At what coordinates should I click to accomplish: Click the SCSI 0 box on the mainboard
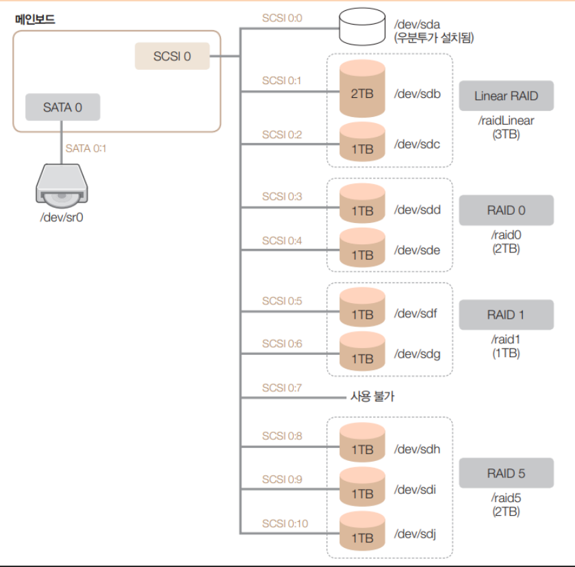(x=172, y=56)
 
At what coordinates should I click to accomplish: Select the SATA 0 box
(x=62, y=107)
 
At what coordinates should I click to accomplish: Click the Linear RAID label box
(x=506, y=96)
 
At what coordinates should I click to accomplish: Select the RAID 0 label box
(x=506, y=210)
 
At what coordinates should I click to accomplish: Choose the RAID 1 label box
(x=506, y=315)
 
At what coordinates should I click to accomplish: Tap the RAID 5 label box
(x=506, y=473)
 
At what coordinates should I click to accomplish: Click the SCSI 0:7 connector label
(x=281, y=388)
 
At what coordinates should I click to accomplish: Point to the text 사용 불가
(x=372, y=396)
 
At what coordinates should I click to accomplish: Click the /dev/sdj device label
(x=416, y=533)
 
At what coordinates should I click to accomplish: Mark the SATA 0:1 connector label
(x=86, y=148)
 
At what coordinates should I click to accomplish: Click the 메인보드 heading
(x=35, y=20)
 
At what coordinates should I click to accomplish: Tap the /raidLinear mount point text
(x=506, y=120)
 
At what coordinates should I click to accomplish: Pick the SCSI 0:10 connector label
(x=284, y=524)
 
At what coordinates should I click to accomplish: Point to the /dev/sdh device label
(x=416, y=449)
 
